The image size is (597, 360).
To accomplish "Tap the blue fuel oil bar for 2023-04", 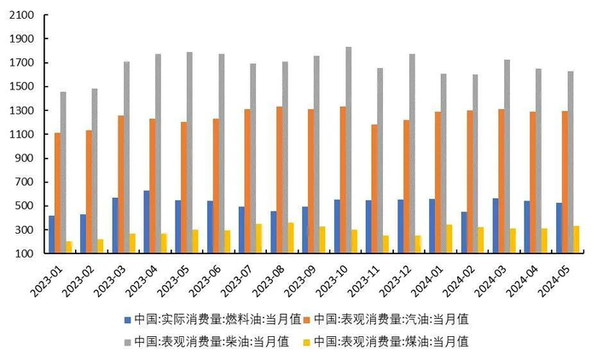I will tap(146, 222).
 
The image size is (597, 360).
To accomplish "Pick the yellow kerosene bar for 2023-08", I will tap(291, 238).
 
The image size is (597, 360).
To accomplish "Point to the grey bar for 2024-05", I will tap(570, 162).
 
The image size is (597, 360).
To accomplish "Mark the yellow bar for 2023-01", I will tap(68, 247).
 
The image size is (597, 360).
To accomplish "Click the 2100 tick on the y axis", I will tap(21, 15).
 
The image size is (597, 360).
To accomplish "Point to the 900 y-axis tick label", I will tap(24, 158).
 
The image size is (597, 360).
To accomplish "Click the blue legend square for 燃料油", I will tap(127, 319).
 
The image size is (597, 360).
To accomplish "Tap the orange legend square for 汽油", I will tap(305, 319).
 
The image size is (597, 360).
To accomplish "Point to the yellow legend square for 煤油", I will tap(305, 342).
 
